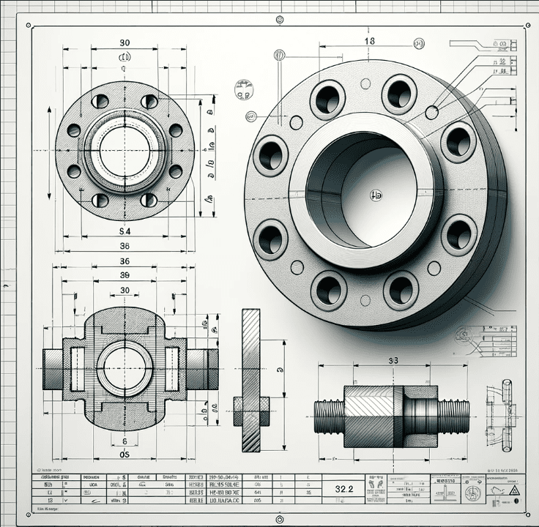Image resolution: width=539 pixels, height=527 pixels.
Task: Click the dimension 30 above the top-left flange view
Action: (124, 42)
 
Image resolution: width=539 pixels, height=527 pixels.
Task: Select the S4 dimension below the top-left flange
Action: (124, 231)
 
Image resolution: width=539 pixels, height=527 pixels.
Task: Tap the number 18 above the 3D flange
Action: (369, 42)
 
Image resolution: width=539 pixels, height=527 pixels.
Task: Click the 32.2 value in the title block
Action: (345, 488)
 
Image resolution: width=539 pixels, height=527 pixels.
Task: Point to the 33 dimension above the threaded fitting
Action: (393, 360)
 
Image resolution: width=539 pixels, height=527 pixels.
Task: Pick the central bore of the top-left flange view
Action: (124, 152)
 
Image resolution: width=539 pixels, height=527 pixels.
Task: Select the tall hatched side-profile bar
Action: (251, 379)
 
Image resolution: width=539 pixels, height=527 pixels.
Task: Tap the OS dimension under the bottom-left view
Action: (124, 455)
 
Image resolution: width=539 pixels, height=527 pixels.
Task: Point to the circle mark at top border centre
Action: (279, 19)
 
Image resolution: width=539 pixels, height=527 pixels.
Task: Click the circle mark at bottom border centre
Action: (279, 518)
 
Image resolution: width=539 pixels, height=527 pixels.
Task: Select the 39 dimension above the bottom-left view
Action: (124, 275)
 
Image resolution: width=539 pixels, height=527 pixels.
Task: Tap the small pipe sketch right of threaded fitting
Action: (506, 414)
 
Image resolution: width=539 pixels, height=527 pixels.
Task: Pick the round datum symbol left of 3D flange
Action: (244, 90)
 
